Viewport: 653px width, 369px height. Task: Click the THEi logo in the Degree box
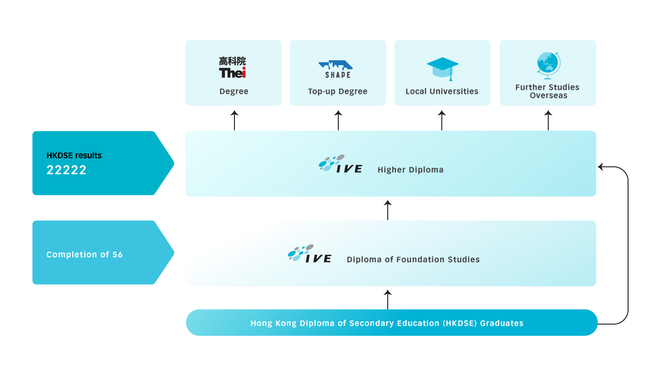tap(233, 67)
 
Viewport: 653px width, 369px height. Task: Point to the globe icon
tap(548, 65)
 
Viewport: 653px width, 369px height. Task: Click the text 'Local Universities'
tap(442, 91)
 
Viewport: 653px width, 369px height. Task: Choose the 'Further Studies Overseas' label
tap(548, 91)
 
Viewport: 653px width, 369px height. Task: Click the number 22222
tap(67, 170)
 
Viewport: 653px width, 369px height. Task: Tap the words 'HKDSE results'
tap(74, 155)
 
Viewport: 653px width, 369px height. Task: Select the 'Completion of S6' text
tap(84, 255)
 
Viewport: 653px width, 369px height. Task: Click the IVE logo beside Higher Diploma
tap(340, 164)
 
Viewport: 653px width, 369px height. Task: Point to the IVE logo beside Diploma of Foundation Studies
tap(309, 254)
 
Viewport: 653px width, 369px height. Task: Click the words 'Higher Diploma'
tap(410, 170)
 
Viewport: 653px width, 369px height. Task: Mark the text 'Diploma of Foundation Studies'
tap(413, 260)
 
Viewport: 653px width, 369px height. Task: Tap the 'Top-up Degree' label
tap(338, 91)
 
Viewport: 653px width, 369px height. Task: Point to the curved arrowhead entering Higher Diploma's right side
tap(601, 167)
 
